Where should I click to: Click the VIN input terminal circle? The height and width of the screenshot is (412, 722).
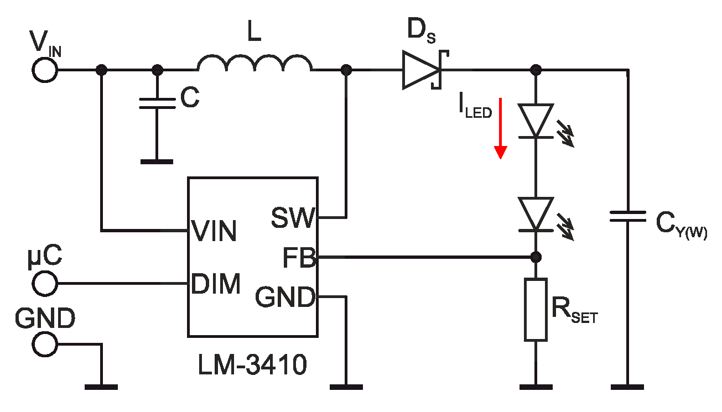44,70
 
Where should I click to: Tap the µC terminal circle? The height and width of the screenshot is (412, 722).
44,284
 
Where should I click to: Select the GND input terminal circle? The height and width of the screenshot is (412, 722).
44,344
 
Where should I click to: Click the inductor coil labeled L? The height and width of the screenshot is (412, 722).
254,62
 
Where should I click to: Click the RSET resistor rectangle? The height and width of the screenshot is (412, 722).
536,309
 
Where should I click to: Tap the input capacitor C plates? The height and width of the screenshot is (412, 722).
157,103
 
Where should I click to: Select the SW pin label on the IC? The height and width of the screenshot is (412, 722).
293,218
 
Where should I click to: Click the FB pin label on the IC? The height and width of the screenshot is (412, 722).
299,258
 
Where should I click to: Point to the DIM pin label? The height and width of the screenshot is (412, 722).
216,284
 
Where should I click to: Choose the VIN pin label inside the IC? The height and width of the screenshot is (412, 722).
214,231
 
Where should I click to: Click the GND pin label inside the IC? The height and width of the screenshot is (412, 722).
285,299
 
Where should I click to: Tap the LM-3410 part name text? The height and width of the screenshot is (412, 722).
252,366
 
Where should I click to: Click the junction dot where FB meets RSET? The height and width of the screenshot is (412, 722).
536,257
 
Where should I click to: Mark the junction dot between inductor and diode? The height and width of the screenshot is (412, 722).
347,70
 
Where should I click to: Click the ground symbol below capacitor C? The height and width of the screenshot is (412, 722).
157,161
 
